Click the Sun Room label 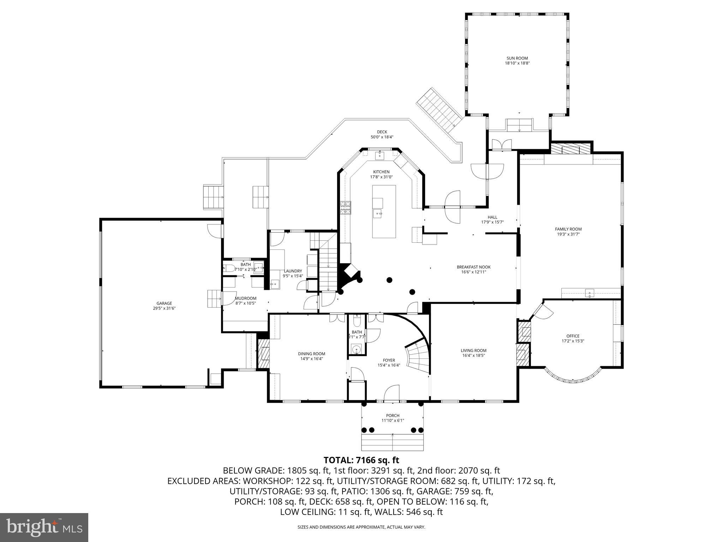(517, 59)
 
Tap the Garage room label (164, 303)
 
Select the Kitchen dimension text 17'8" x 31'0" (381, 177)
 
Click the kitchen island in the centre (384, 212)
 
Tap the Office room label (573, 336)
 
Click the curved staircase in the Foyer (418, 356)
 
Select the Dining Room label (311, 354)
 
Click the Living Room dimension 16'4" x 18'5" (473, 356)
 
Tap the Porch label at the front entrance (393, 415)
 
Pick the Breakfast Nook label (473, 267)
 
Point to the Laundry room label (293, 271)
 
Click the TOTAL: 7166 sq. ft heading (361, 460)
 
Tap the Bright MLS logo (44, 528)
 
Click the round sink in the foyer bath (357, 350)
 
